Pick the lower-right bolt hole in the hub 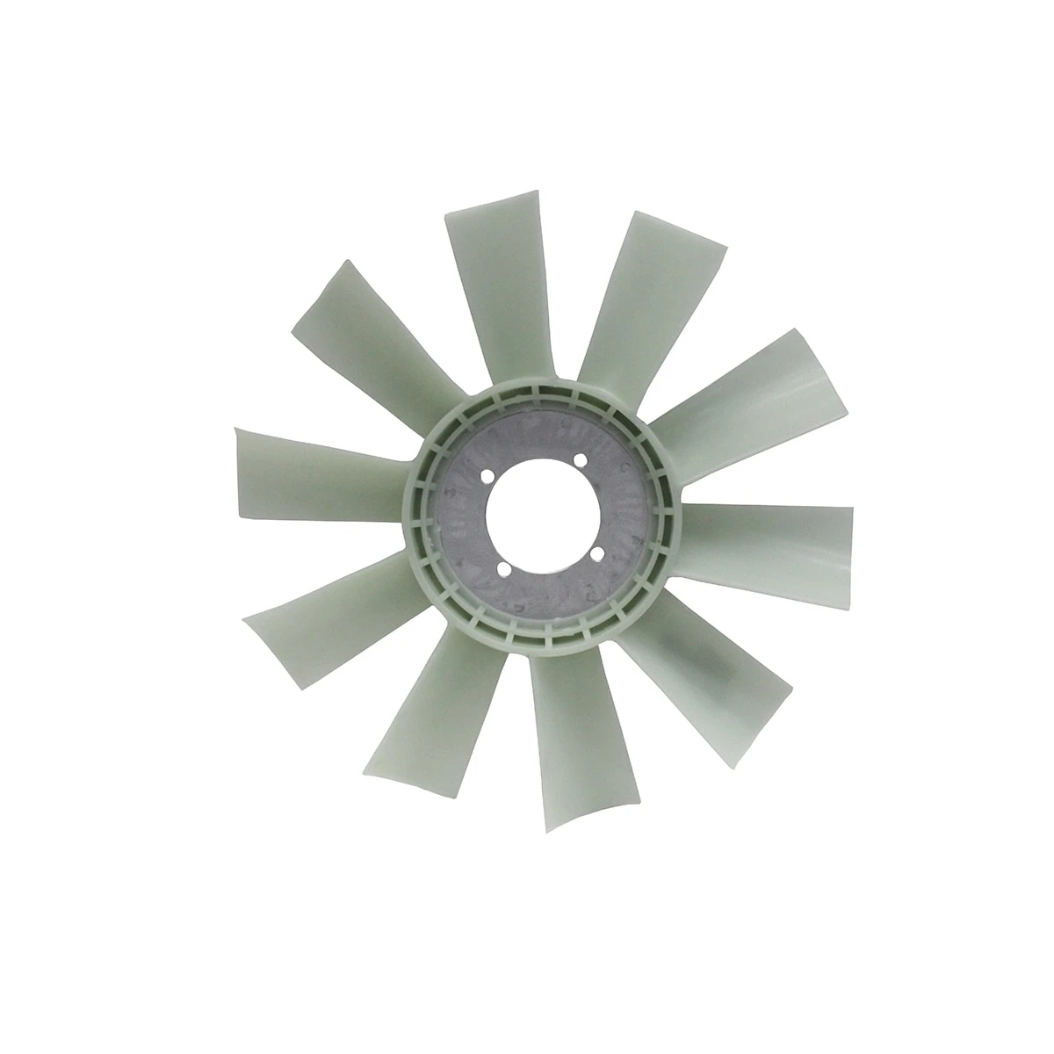(598, 553)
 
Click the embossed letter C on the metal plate (624, 466)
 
